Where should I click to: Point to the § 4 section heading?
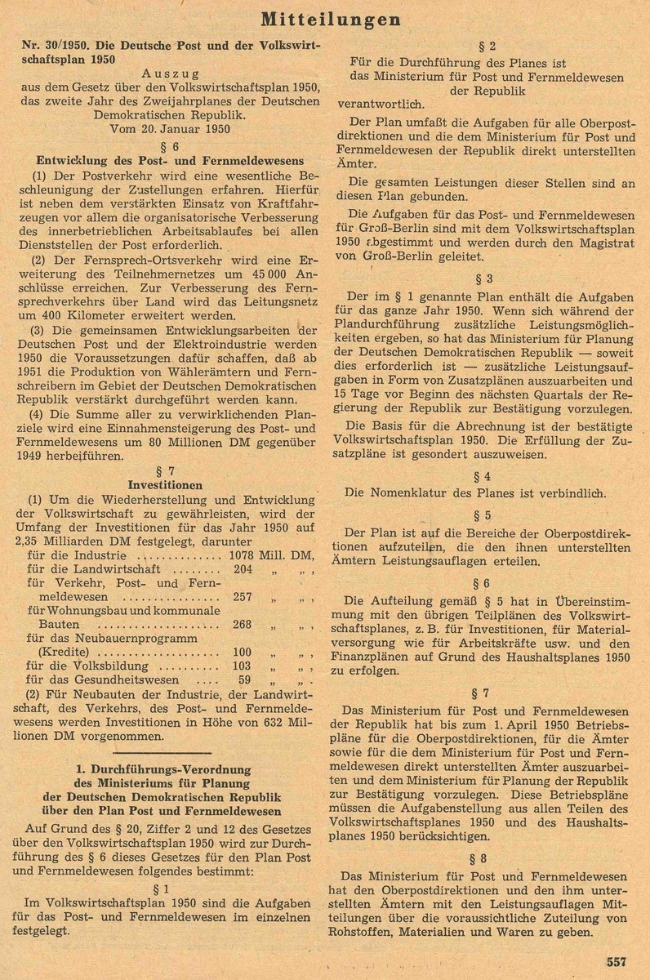coord(486,475)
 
